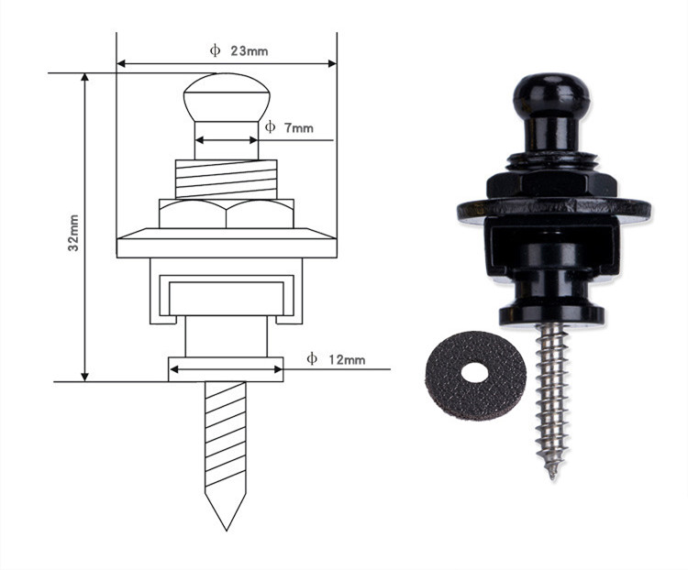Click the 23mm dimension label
(250, 51)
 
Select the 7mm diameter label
(299, 128)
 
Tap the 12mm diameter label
(347, 359)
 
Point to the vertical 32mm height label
(73, 233)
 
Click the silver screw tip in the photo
(552, 475)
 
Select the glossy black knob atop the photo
(551, 93)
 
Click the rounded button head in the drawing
(227, 97)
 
